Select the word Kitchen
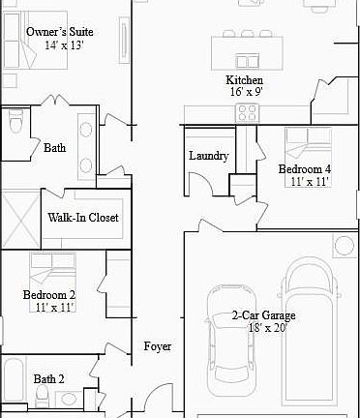[x=244, y=80]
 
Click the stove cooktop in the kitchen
[x=247, y=113]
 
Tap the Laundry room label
[x=208, y=156]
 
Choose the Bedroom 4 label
[x=305, y=169]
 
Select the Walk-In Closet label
[x=83, y=218]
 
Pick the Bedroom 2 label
[x=49, y=294]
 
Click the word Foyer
[x=158, y=346]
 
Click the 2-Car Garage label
[x=263, y=315]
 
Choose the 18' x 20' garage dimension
[x=267, y=328]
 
